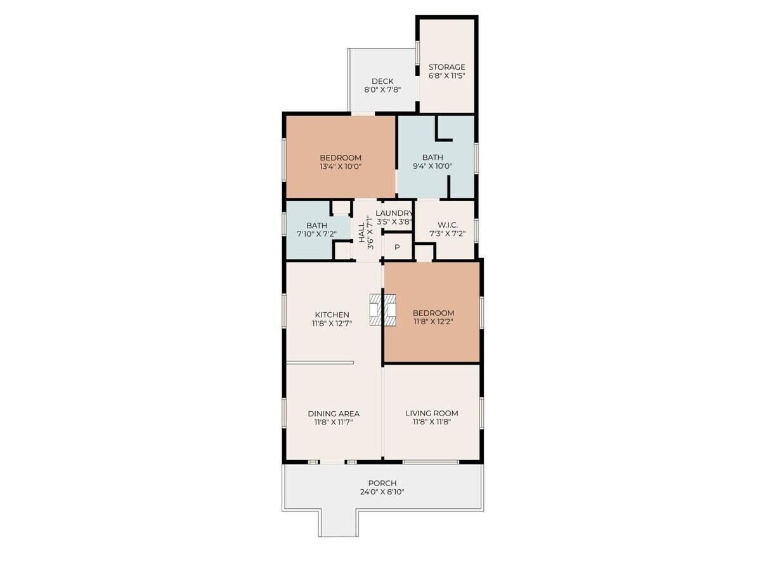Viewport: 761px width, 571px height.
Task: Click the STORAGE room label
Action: coord(446,67)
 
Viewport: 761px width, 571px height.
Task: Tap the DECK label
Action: coord(382,81)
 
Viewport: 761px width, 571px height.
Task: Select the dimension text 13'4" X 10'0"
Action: coord(341,166)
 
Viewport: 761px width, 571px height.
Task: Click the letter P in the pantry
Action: coord(398,247)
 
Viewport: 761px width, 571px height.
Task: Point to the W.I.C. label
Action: coord(448,225)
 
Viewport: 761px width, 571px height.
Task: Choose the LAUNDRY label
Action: coord(394,213)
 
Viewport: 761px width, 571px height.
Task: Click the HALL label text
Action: coord(361,232)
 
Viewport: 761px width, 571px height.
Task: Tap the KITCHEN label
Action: coord(332,315)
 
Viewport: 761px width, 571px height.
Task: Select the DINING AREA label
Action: coord(334,414)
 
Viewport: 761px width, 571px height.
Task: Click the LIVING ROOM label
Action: coord(432,413)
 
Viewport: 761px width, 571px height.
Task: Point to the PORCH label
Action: coord(382,483)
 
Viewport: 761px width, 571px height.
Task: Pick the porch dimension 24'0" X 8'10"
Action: coord(382,492)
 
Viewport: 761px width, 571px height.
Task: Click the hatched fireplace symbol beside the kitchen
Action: coord(382,310)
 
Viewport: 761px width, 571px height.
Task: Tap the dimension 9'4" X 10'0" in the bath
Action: coord(433,166)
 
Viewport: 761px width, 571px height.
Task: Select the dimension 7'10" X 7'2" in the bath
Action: coord(316,234)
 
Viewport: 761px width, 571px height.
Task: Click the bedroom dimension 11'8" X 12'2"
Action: coord(433,322)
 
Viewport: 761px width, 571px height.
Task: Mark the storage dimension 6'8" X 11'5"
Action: coord(446,75)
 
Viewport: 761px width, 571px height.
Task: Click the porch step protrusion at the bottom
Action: coord(339,523)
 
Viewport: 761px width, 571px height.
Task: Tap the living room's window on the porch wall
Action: coord(431,462)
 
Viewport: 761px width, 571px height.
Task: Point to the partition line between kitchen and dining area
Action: coord(320,363)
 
